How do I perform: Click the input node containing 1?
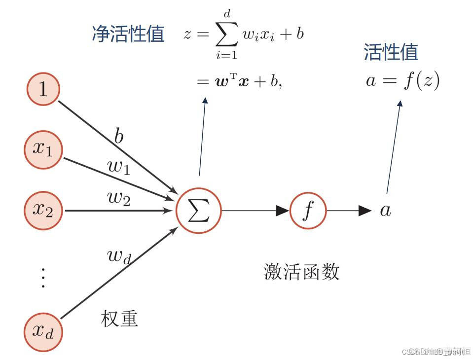click(x=43, y=90)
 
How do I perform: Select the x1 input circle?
click(x=43, y=149)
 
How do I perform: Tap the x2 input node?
click(x=43, y=210)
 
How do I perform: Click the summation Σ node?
click(x=199, y=211)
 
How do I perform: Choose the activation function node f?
click(x=308, y=211)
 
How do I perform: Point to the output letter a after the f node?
click(x=385, y=211)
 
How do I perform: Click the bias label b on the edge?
click(x=119, y=137)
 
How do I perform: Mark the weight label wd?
click(x=119, y=256)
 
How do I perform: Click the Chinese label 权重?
click(x=119, y=319)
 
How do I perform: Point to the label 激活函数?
click(x=302, y=272)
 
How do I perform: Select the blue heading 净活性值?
click(x=128, y=34)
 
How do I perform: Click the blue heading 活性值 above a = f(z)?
click(x=391, y=52)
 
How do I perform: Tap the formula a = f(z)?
click(x=402, y=80)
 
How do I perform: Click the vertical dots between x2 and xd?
click(x=43, y=278)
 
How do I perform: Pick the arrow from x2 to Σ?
click(x=118, y=211)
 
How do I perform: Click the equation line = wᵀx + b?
click(x=240, y=81)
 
